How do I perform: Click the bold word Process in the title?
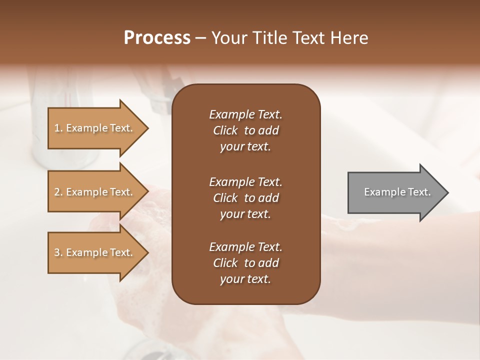157,38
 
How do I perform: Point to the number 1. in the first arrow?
58,128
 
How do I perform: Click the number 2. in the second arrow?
58,192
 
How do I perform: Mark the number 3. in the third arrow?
58,252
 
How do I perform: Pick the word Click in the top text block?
225,130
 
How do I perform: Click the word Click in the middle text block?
225,198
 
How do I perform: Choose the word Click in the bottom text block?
225,263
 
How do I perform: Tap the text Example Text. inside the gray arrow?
397,192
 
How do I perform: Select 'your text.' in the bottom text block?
245,279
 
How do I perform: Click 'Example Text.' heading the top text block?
245,114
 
